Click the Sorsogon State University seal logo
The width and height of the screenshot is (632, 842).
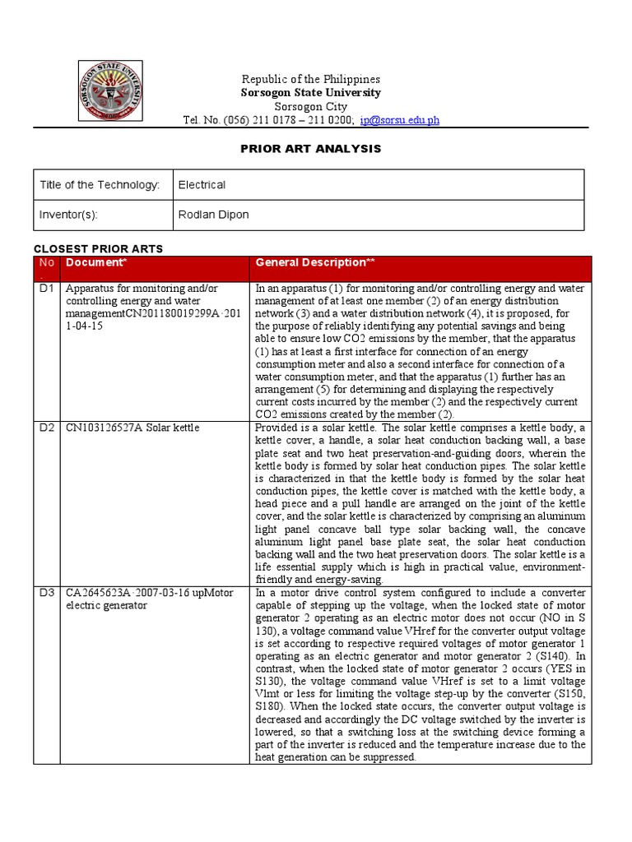coord(110,93)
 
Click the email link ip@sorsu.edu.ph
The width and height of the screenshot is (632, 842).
coord(399,120)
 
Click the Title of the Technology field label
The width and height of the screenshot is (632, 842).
coord(100,185)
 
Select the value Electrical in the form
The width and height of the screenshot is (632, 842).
coord(202,185)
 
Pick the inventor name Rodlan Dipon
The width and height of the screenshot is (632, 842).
coord(213,215)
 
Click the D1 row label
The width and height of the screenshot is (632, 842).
coord(45,289)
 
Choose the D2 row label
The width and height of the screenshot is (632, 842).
coord(45,428)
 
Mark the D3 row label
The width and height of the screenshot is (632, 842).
coord(45,593)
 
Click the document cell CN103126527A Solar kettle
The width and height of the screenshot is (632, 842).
coord(132,428)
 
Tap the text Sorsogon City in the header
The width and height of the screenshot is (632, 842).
coord(310,107)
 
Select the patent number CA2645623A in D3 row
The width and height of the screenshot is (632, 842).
coord(98,593)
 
